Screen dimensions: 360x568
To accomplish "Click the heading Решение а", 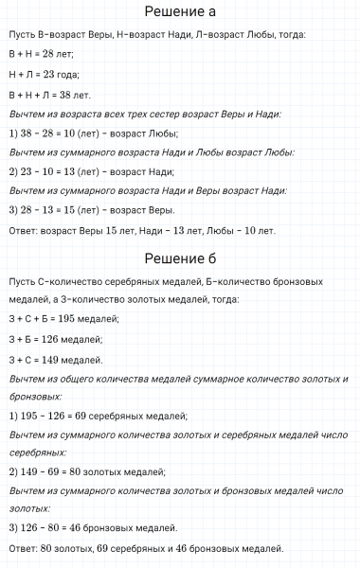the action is (180, 12).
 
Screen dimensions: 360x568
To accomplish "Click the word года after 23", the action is (68, 74).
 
